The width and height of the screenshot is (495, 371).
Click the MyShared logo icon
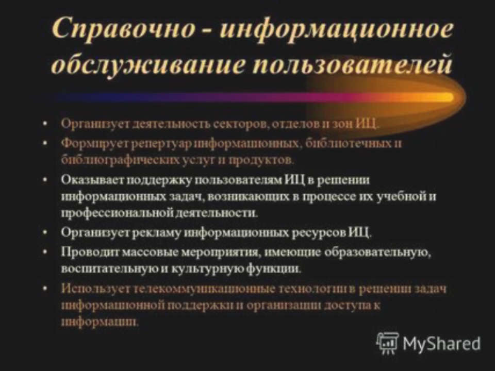387,342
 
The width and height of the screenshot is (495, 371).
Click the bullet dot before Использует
46,289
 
